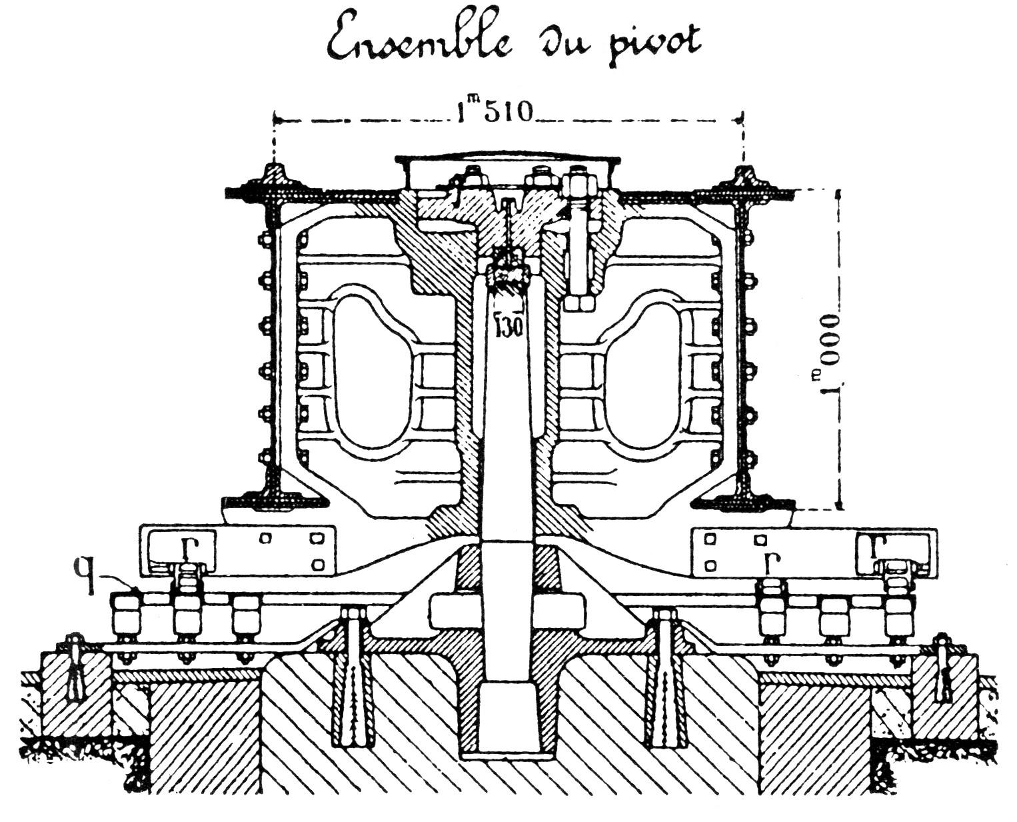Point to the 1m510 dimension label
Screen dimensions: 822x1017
point(495,113)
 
